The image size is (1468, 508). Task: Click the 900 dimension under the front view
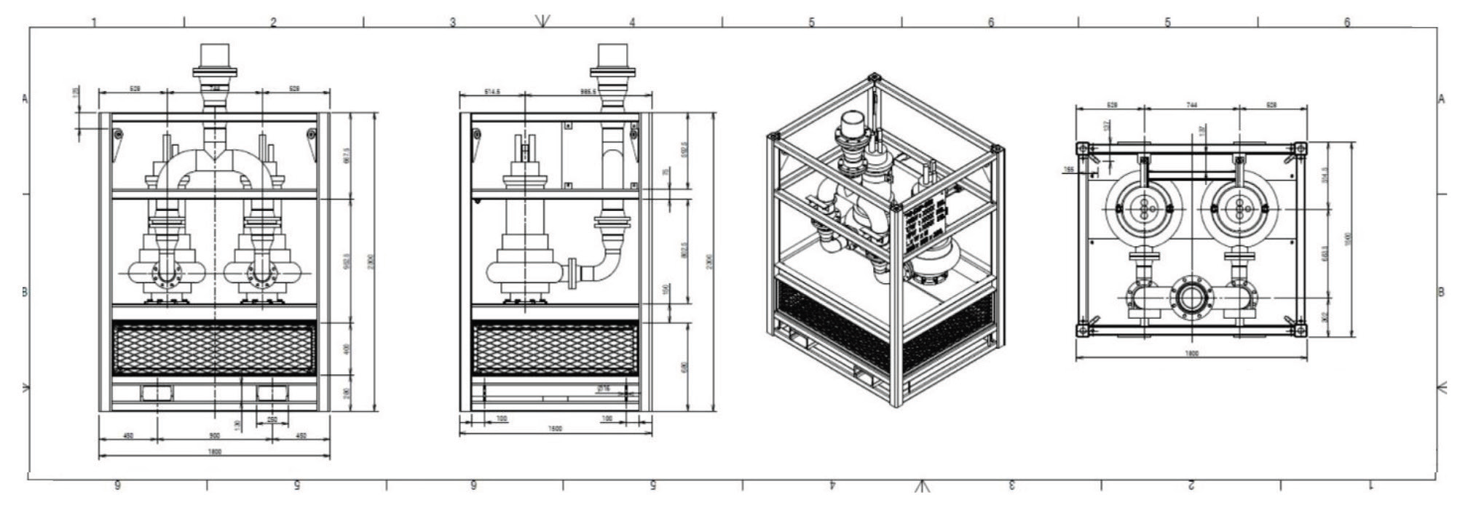[x=215, y=435]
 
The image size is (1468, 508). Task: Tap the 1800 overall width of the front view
[x=215, y=451]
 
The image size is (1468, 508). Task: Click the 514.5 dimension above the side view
[x=492, y=92]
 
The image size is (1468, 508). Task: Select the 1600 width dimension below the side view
[x=555, y=429]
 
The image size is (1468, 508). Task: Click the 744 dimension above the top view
[x=1192, y=106]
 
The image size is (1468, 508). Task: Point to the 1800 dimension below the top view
[x=1191, y=354]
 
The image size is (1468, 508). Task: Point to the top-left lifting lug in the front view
[x=117, y=133]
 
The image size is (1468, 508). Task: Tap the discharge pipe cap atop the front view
[x=215, y=55]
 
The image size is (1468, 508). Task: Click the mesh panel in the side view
[x=555, y=348]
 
